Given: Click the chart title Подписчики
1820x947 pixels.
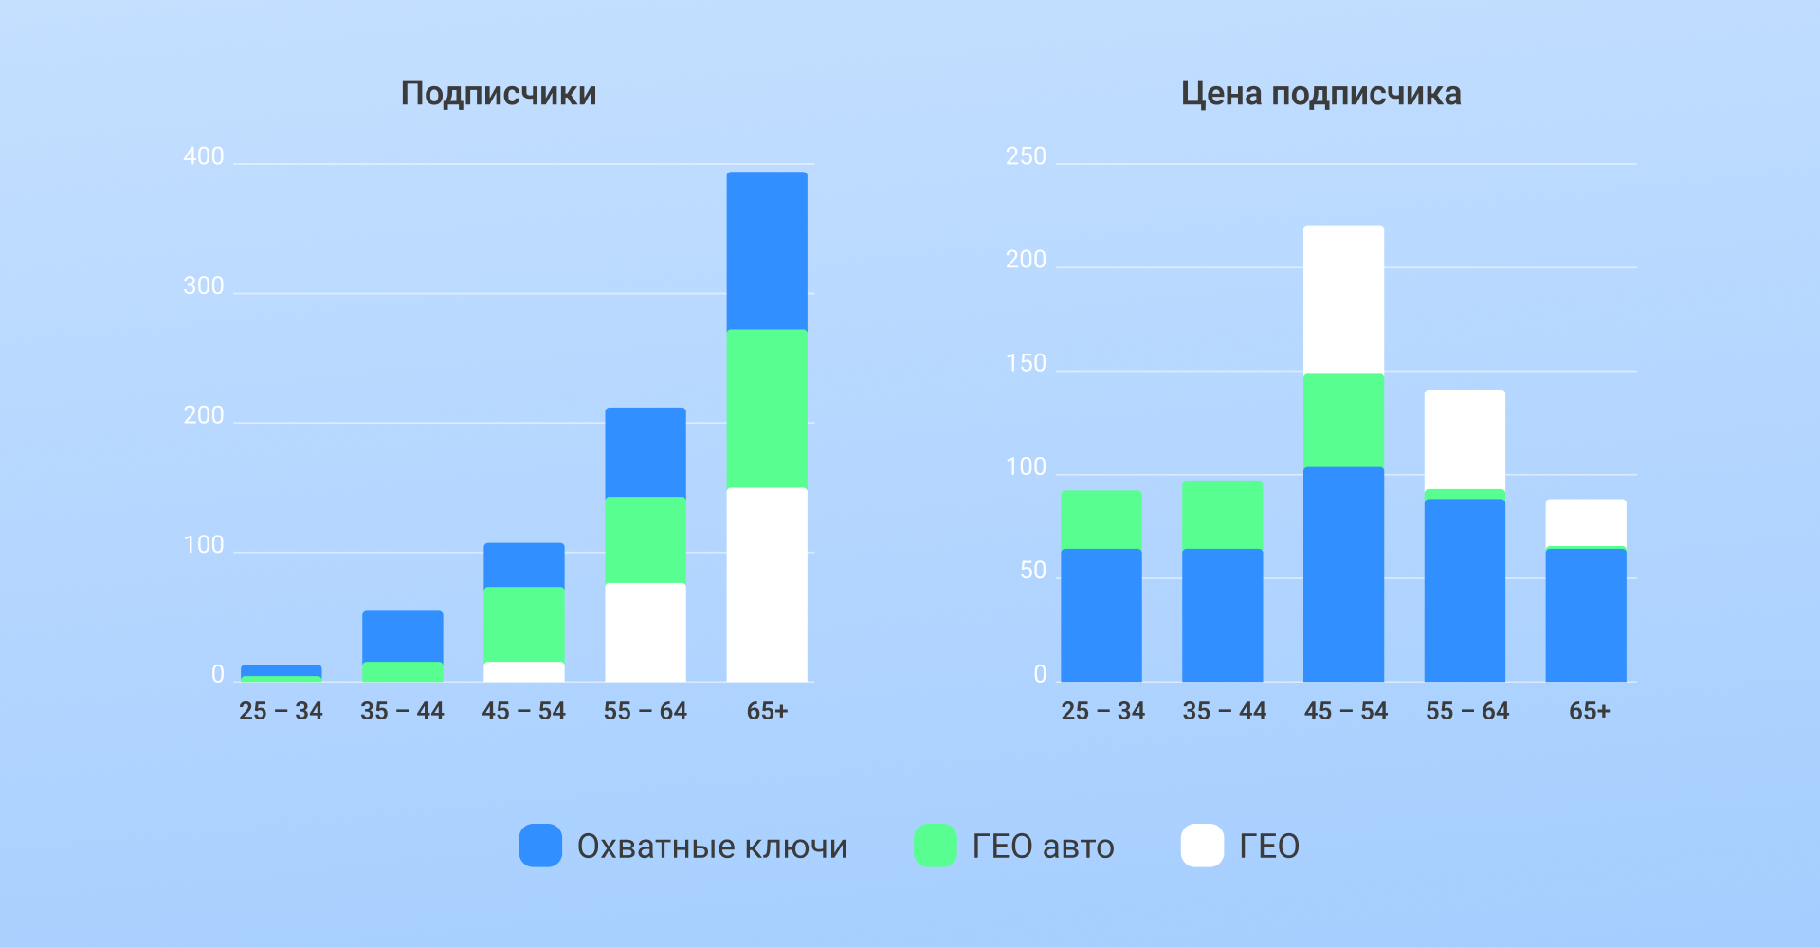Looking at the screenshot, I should (499, 94).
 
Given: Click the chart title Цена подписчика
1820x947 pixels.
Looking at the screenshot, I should (1320, 94).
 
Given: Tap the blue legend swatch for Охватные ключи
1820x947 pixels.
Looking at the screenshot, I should (540, 846).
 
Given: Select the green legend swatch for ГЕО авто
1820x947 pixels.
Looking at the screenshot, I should (935, 846).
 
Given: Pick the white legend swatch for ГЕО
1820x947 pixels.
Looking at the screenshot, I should (1202, 846).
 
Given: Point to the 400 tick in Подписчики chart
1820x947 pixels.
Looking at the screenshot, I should (204, 156).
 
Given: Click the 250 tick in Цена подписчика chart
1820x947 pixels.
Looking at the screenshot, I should (1026, 156).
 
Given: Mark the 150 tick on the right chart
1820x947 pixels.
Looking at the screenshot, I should (1026, 364).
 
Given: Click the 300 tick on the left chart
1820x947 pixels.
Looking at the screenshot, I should (204, 286).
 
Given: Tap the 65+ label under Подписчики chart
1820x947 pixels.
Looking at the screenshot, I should (767, 711).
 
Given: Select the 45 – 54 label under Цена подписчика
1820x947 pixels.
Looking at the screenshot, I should (1345, 711).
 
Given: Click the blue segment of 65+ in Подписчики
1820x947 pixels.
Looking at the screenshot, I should (767, 250).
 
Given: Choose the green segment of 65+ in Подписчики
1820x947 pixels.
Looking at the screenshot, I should (767, 409).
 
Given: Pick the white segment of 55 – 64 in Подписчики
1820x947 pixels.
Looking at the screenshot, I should (646, 631).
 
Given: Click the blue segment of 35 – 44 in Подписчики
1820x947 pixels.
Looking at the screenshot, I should (403, 636).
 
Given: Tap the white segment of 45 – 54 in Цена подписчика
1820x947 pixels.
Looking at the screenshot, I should (1343, 300).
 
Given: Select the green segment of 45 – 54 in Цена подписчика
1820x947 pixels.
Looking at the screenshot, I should (1343, 420).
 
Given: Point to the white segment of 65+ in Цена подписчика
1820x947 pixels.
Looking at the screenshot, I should (1586, 522).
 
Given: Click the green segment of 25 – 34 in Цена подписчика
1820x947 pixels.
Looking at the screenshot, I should (1101, 519).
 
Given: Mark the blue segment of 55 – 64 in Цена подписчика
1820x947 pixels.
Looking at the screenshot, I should (1465, 590).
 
